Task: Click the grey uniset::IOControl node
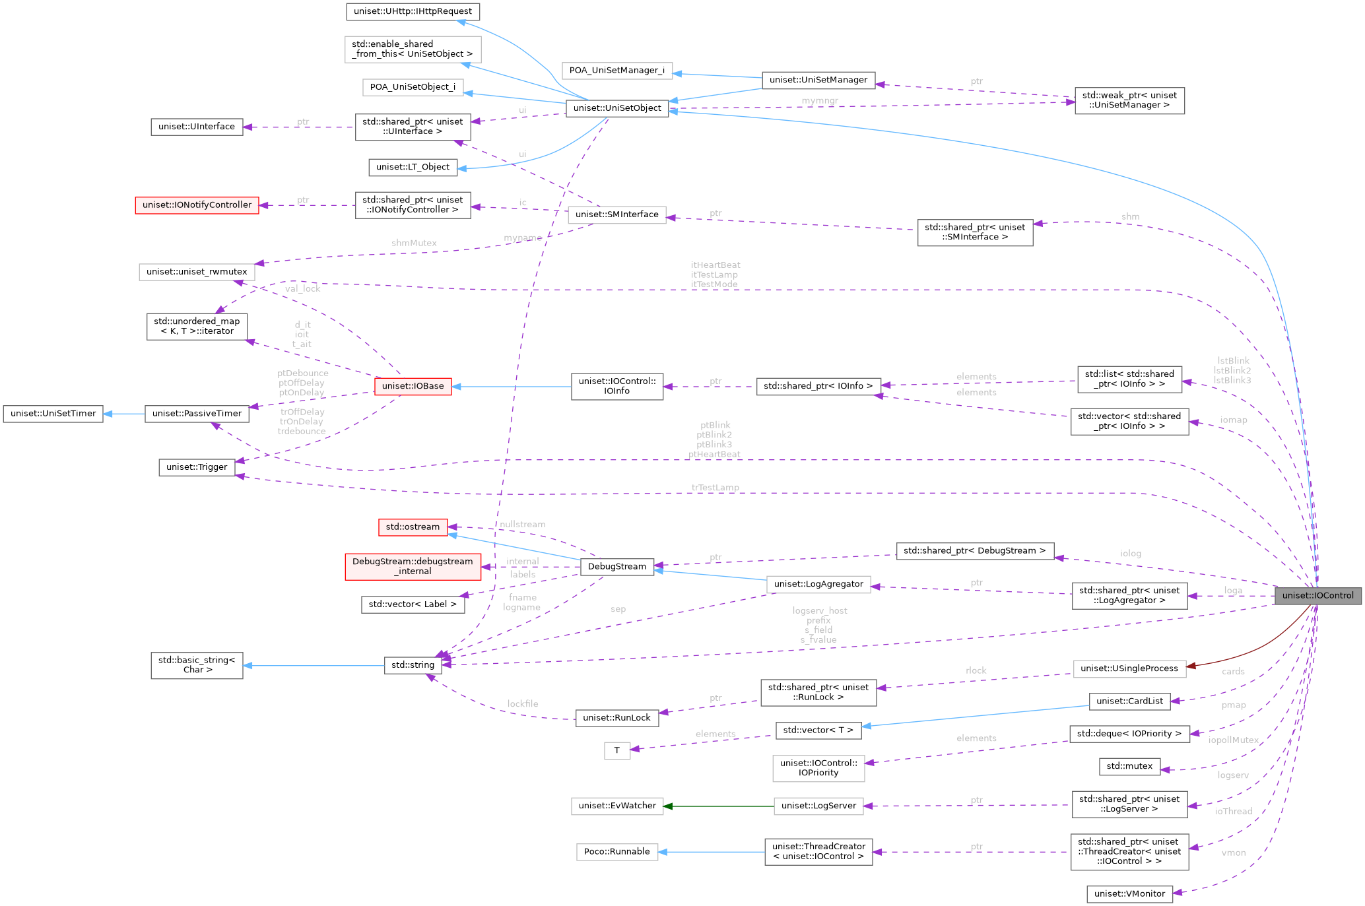pyautogui.click(x=1317, y=595)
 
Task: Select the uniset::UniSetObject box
pyautogui.click(x=617, y=108)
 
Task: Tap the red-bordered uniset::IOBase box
pyautogui.click(x=413, y=386)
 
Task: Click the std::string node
pyautogui.click(x=413, y=665)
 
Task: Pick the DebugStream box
pyautogui.click(x=616, y=567)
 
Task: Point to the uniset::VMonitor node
pyautogui.click(x=1129, y=894)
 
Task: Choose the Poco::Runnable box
pyautogui.click(x=616, y=852)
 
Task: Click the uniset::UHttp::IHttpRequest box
pyautogui.click(x=413, y=11)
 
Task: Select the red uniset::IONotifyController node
pyautogui.click(x=197, y=205)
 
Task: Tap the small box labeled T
pyautogui.click(x=616, y=750)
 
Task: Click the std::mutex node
pyautogui.click(x=1129, y=766)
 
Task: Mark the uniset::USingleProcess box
pyautogui.click(x=1129, y=668)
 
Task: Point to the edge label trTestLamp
pyautogui.click(x=715, y=488)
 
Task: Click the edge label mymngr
pyautogui.click(x=820, y=100)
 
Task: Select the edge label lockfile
pyautogui.click(x=522, y=704)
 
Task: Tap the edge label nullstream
pyautogui.click(x=522, y=525)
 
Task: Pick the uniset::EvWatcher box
pyautogui.click(x=616, y=806)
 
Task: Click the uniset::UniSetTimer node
pyautogui.click(x=53, y=414)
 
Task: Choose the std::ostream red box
pyautogui.click(x=413, y=527)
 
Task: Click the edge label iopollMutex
pyautogui.click(x=1233, y=740)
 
